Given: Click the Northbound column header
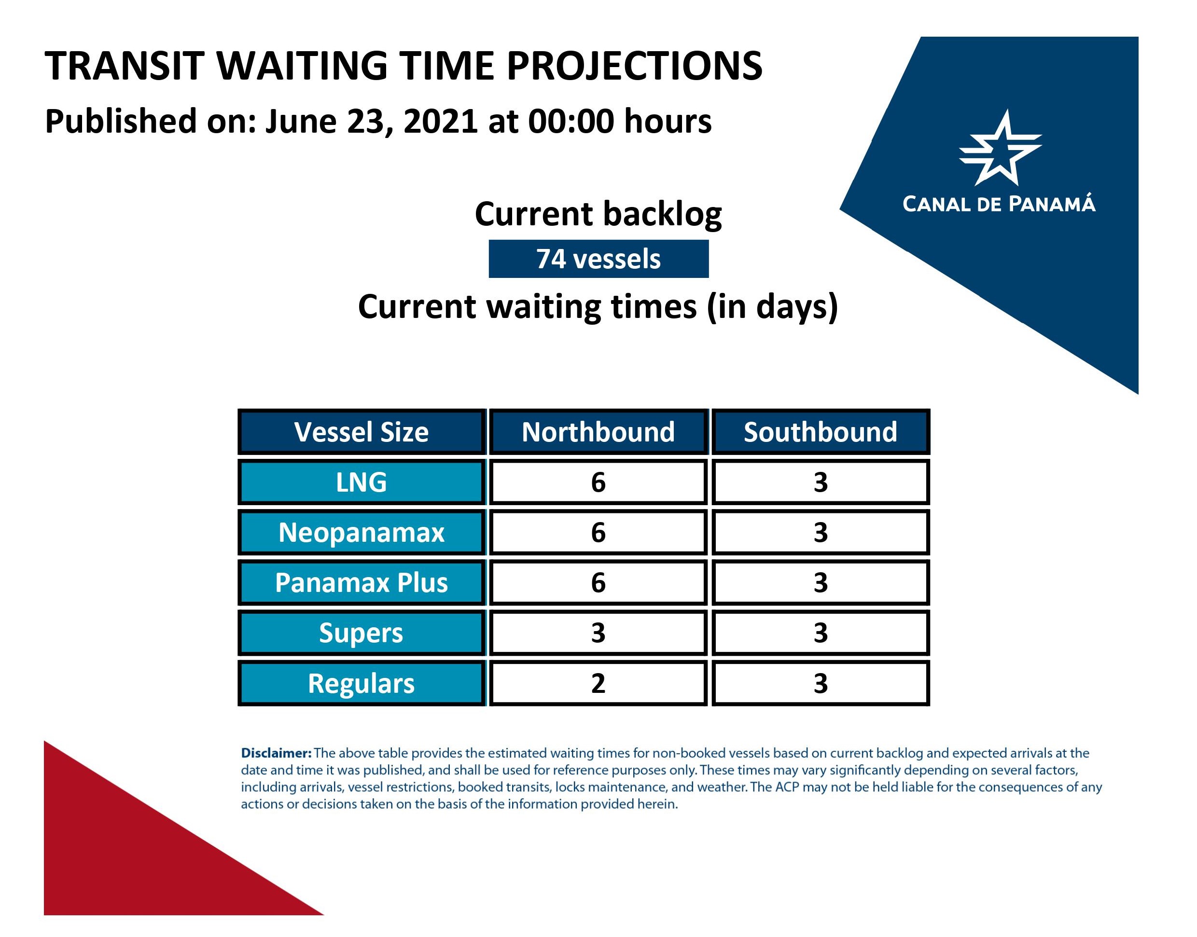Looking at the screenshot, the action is [x=598, y=432].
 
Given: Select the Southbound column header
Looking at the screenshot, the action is [x=821, y=432].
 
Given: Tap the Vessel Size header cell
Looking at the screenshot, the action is [x=362, y=432].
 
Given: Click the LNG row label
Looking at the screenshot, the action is [x=362, y=482].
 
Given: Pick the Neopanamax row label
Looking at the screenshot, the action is [x=362, y=532].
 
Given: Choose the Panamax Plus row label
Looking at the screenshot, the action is [x=362, y=582].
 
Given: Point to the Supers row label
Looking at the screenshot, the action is [x=362, y=633].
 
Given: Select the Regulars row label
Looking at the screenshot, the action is [x=362, y=683].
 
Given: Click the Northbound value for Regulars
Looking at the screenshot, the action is [x=598, y=683].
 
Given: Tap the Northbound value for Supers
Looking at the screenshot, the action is [x=598, y=633].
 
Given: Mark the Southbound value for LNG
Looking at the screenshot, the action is [x=821, y=482].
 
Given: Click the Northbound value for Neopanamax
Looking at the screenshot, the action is [x=598, y=532].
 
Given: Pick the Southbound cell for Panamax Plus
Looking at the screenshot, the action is [x=821, y=582].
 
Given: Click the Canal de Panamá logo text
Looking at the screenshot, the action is [x=999, y=204].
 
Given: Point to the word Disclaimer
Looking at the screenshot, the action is [x=276, y=753].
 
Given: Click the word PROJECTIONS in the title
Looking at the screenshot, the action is [x=635, y=66].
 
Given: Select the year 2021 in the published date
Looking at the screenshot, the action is [x=440, y=121].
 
